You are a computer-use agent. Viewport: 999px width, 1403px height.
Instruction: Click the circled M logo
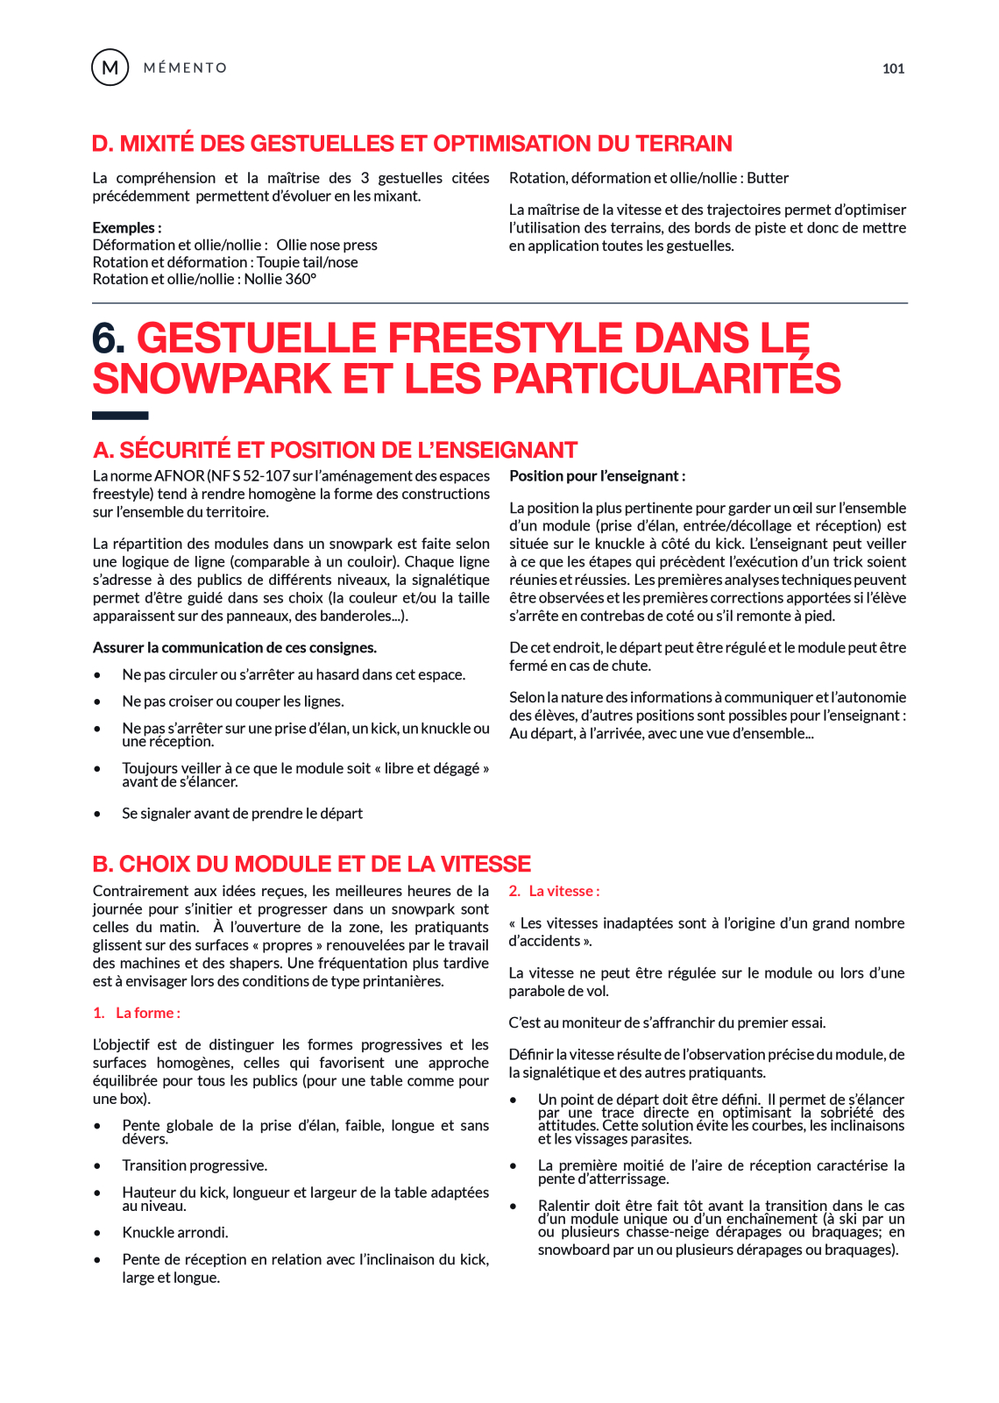[110, 68]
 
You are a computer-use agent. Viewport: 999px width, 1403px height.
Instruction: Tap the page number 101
[893, 68]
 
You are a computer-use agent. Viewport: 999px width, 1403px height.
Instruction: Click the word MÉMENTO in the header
[185, 68]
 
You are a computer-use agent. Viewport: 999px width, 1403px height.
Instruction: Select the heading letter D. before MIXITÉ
[103, 144]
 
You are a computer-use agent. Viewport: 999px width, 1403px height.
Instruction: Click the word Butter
[768, 178]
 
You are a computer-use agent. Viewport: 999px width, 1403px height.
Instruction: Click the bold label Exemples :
[127, 227]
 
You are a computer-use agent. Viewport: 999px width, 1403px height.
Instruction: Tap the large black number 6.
[108, 338]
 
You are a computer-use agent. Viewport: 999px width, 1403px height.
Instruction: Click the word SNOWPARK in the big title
[211, 379]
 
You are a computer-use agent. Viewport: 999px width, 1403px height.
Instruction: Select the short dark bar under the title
[120, 416]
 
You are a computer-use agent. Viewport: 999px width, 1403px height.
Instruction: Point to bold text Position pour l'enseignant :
[597, 476]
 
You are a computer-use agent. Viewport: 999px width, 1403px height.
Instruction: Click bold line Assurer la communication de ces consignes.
[235, 647]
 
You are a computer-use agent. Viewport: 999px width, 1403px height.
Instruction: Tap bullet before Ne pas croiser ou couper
[97, 701]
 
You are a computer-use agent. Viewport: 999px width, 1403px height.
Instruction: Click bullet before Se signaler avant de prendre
[97, 814]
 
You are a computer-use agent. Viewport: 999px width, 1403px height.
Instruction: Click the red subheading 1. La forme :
[137, 1013]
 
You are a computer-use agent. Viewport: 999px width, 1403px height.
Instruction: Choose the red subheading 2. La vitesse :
[554, 891]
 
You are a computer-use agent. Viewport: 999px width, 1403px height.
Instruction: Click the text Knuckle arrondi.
[175, 1232]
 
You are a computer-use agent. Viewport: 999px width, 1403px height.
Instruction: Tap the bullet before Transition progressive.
[97, 1166]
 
